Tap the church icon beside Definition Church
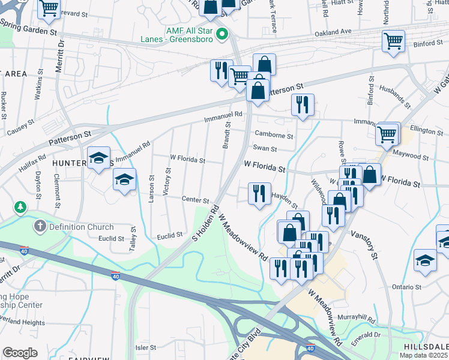(x=40, y=226)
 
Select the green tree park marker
(x=21, y=207)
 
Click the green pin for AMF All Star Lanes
(x=222, y=34)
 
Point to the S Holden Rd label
(x=205, y=224)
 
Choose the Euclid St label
(x=169, y=236)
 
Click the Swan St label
(x=265, y=149)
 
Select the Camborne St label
(x=274, y=135)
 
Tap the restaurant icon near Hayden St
(x=259, y=193)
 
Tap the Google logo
(x=20, y=352)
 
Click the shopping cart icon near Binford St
(x=394, y=41)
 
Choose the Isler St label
(x=145, y=347)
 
